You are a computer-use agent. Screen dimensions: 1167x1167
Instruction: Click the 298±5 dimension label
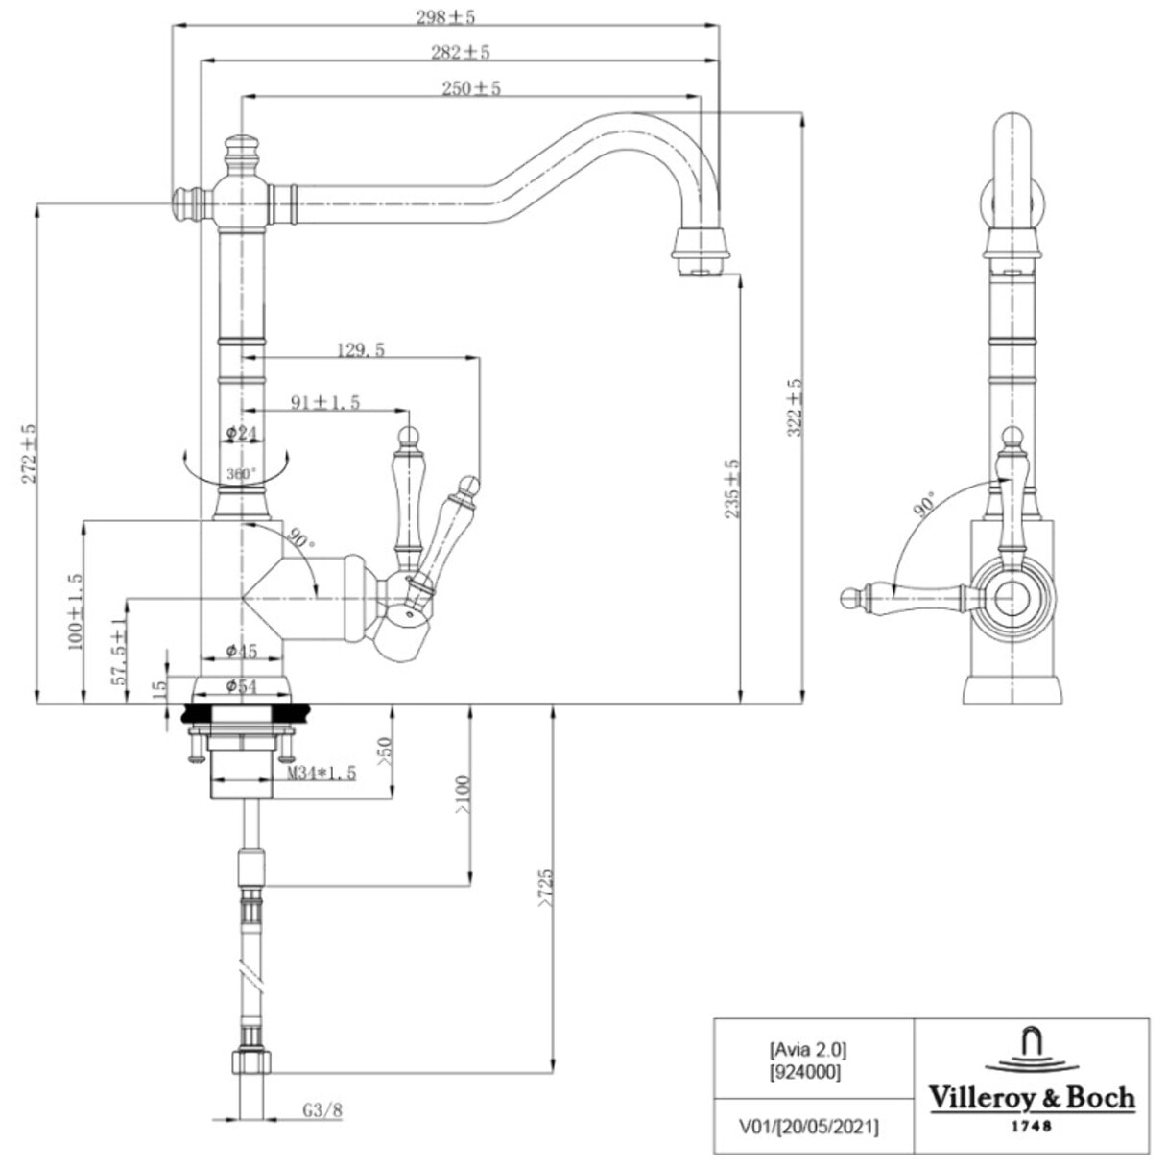point(447,16)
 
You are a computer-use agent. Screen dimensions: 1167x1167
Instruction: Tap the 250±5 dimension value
point(471,88)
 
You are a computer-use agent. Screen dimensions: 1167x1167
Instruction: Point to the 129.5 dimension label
point(361,350)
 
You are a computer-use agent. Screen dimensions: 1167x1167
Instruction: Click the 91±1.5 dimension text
point(325,402)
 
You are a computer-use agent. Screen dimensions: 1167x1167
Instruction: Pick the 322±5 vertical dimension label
point(794,408)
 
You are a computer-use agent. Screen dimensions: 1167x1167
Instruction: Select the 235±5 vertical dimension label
point(732,488)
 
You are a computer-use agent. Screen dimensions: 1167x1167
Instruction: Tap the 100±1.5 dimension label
point(76,612)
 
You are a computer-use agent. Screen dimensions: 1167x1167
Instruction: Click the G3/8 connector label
point(322,1110)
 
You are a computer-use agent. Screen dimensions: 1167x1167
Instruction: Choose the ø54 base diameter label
point(241,685)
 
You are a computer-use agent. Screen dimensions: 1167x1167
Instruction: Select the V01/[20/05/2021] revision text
point(808,1126)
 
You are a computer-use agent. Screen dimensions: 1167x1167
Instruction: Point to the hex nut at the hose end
point(251,1062)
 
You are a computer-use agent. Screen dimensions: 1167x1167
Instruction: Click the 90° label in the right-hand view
point(925,505)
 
